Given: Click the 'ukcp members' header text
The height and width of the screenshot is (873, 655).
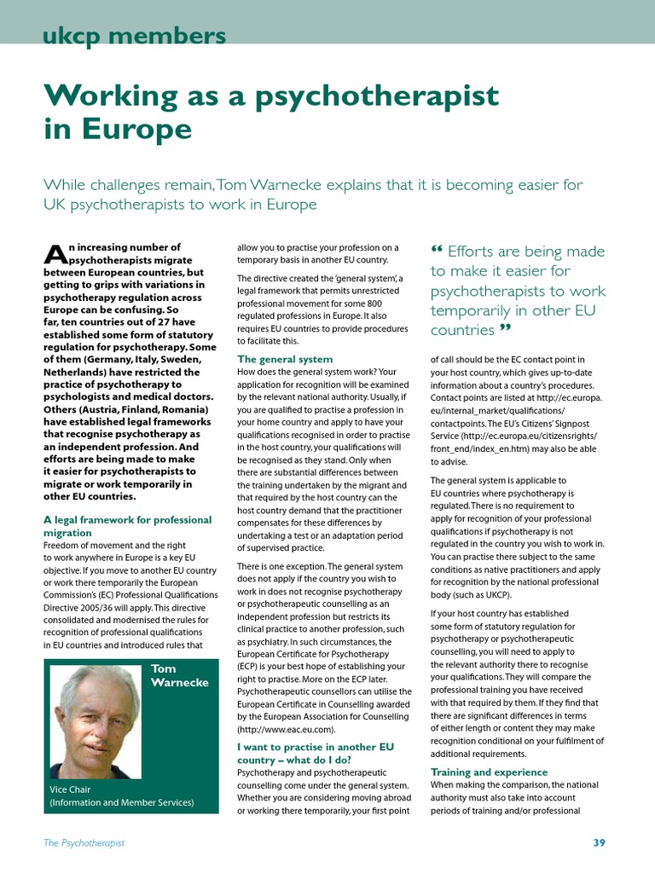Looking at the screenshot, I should pos(134,36).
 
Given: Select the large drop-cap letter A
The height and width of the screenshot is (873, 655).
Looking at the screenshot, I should pos(54,253).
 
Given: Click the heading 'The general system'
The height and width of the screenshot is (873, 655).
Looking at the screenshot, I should pos(285,359).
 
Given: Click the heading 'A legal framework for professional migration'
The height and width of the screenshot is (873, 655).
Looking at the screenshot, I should pos(127,525).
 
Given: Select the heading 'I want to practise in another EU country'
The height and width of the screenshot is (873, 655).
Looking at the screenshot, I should pos(315,753).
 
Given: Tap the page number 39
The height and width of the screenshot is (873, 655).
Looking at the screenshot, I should pos(599,843).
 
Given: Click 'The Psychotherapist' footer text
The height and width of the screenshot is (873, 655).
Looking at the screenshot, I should pos(84,843).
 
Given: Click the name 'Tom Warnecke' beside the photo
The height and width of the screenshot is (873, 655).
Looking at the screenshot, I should pos(175,676).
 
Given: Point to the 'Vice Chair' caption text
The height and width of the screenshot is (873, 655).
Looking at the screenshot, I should pos(70,789).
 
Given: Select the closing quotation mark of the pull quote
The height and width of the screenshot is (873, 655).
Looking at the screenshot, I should pos(505,329).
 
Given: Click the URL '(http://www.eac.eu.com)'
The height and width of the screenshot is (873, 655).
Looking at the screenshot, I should pos(287,730).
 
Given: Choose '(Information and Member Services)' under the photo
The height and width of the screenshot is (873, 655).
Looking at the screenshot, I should pos(121,802).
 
